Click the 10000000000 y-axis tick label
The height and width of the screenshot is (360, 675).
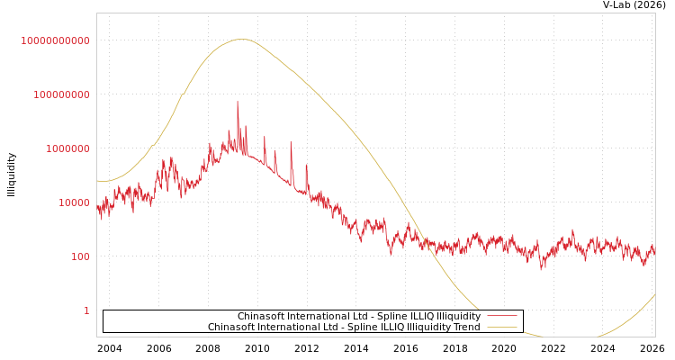[x=56, y=40]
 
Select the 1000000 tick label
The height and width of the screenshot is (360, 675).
[x=67, y=148]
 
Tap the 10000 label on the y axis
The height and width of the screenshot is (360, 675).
[x=74, y=202]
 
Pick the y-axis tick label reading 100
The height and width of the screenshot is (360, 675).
[x=80, y=256]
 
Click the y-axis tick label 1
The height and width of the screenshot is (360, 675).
[x=86, y=310]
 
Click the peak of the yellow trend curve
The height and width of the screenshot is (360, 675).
[x=241, y=39]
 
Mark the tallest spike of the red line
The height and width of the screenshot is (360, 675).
[x=238, y=102]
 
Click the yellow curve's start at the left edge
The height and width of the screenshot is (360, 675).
[x=97, y=181]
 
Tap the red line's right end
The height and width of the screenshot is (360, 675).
[x=654, y=253]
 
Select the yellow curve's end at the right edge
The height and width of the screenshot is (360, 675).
[x=654, y=295]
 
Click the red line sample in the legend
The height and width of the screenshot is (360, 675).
[x=501, y=317]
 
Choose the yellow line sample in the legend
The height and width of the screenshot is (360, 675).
[x=501, y=328]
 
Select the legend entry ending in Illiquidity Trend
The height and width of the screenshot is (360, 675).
[x=344, y=328]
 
